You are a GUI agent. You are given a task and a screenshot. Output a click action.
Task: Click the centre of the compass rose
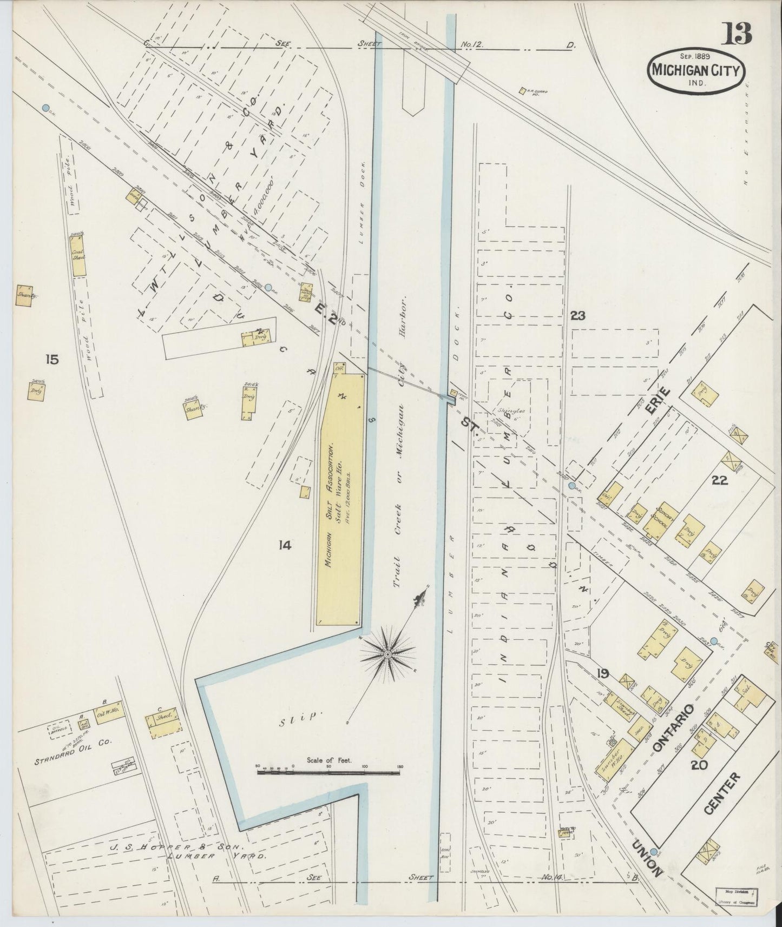(387, 654)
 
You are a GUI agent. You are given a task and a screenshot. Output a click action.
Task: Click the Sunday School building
(662, 522)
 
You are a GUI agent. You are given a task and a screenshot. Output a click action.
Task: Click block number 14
(285, 546)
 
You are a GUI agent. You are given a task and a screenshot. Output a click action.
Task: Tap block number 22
(719, 480)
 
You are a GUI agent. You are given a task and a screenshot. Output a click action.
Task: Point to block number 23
(578, 316)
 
